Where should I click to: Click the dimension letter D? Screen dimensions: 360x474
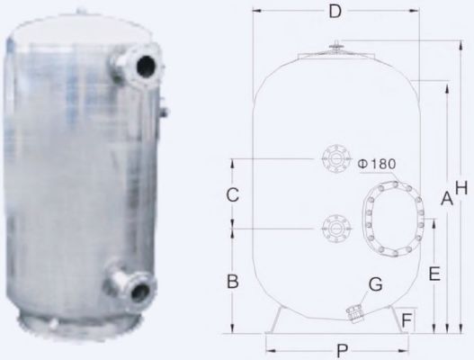point(335,13)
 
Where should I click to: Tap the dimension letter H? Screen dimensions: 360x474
point(461,187)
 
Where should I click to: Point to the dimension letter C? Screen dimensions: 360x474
point(232,193)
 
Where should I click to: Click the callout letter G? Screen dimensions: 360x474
point(376,284)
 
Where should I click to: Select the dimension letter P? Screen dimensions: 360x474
point(341,349)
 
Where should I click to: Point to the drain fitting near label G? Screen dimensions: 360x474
point(354,311)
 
